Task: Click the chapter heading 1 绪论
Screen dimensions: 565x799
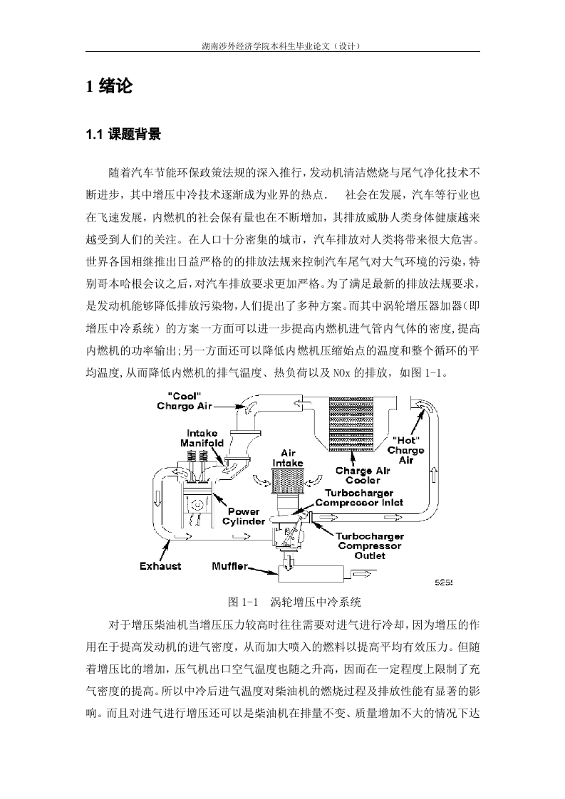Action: click(108, 86)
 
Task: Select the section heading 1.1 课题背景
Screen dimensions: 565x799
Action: click(123, 135)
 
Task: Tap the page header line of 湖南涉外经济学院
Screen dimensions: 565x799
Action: click(281, 46)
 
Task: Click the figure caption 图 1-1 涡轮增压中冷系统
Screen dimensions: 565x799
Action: click(294, 602)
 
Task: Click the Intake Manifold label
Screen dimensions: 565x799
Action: click(202, 438)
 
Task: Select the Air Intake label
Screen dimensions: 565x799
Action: click(288, 458)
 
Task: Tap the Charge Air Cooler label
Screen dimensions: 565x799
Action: click(363, 476)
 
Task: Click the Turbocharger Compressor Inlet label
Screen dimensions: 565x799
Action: click(359, 498)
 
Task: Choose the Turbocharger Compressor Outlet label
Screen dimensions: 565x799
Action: click(370, 545)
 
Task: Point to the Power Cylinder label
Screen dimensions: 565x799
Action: click(244, 516)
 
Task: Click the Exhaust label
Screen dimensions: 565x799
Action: click(160, 566)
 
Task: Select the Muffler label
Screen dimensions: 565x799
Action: click(230, 566)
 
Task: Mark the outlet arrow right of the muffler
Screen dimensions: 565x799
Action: click(362, 574)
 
